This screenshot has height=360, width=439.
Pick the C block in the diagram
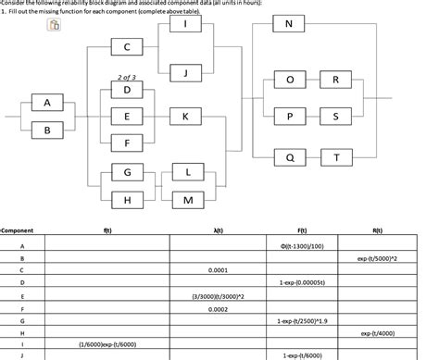127,46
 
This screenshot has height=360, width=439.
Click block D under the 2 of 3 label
127,90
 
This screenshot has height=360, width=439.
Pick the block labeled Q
290,157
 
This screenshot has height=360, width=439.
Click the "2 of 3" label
127,78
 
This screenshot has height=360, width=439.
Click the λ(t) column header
216,230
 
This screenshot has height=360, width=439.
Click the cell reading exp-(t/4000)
377,333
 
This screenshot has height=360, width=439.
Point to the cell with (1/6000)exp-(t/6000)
109,344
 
